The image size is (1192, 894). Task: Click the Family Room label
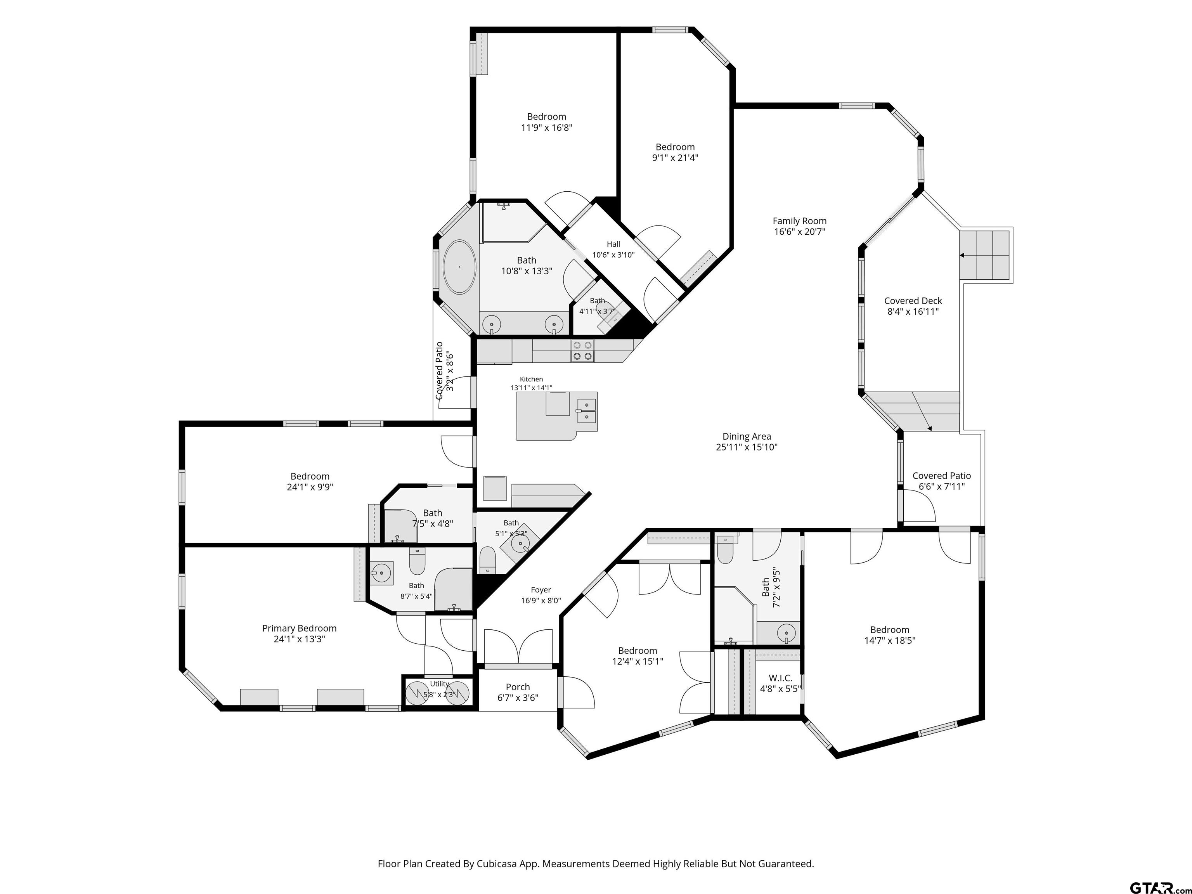(799, 221)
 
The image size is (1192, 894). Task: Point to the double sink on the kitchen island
(586, 411)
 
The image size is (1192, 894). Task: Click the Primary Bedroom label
(299, 628)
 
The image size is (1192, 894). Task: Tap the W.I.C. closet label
(780, 678)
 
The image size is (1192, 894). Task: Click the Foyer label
(541, 590)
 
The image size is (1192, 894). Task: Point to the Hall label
(613, 244)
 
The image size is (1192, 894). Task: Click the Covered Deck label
(913, 301)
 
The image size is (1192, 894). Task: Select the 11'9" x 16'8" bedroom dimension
(546, 128)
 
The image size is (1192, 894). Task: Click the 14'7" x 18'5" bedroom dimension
(889, 641)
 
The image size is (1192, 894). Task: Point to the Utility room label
(439, 684)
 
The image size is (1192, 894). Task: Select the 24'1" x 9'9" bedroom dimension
(310, 487)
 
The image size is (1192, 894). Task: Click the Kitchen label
(531, 379)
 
